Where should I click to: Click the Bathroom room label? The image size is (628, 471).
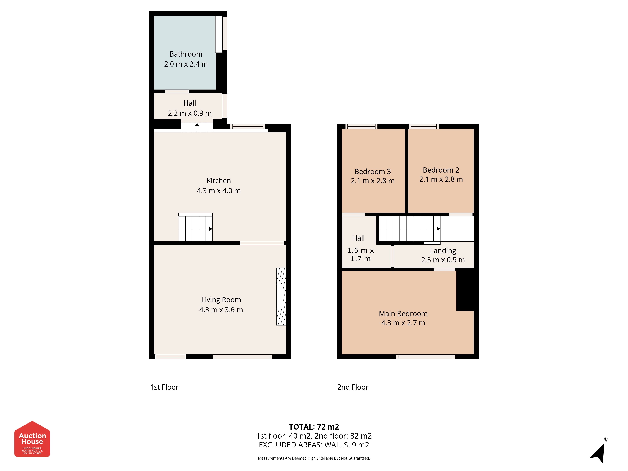[186, 54]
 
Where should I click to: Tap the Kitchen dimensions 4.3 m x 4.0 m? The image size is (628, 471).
[219, 191]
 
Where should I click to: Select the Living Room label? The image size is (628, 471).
[221, 300]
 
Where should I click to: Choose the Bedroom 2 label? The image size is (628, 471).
[441, 170]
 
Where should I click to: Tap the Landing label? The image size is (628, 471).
[443, 251]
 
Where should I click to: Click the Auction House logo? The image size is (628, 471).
[32, 439]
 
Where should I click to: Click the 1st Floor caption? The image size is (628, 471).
[164, 387]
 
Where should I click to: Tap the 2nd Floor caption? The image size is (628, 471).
[353, 387]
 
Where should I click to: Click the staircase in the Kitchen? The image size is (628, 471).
[195, 227]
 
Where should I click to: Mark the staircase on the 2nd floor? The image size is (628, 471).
[410, 229]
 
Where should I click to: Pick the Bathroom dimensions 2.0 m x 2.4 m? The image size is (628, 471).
[186, 64]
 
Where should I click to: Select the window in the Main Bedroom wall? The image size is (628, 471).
[425, 357]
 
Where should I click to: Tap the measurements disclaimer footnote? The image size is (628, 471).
[314, 458]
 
